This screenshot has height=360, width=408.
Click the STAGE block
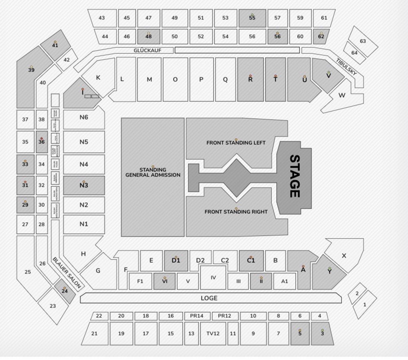coord(294,177)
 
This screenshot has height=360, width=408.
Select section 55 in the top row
coord(252,18)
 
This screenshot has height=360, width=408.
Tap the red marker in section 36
coord(42,139)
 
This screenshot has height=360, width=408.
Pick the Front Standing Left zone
coord(236,143)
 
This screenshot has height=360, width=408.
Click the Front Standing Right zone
coord(236,212)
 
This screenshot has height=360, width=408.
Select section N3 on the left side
coord(84,186)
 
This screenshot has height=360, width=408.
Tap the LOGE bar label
coord(209,298)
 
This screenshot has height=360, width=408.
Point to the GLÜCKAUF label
coord(148,51)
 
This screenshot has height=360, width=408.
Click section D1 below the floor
coord(176,261)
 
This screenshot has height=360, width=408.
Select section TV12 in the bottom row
coord(213,333)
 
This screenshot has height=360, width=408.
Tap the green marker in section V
coord(328,73)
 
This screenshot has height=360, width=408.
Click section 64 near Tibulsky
coord(354,53)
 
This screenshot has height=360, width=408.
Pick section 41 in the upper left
coord(55,45)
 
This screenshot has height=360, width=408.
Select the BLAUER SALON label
coord(68,272)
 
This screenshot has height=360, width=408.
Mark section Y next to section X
coord(330,272)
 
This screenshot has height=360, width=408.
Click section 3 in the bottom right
coord(322,333)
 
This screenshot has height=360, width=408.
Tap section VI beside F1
coord(165,281)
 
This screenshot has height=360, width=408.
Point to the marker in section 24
coord(64,288)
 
